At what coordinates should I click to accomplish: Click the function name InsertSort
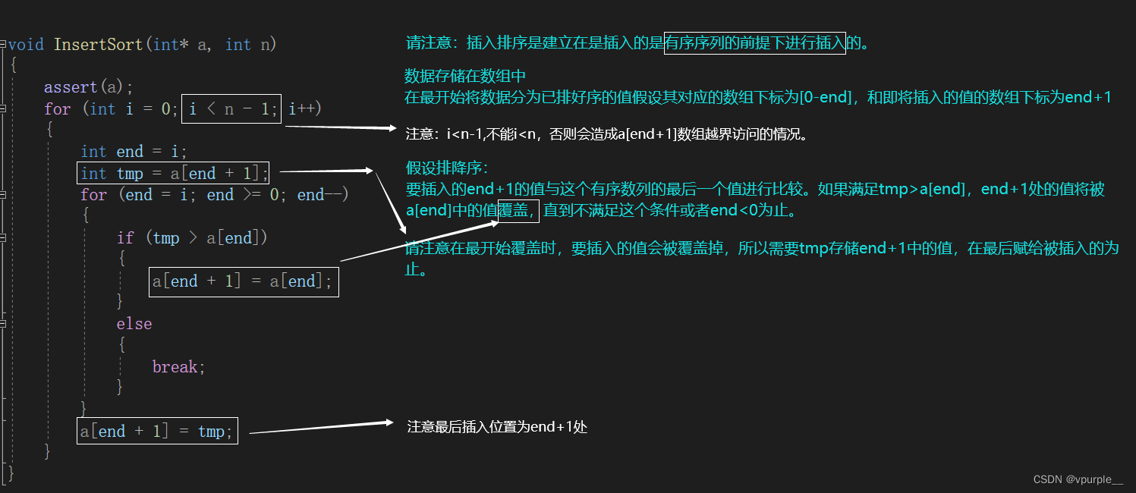(x=98, y=44)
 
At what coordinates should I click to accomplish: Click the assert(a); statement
(x=89, y=87)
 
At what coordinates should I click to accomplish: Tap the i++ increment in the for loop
(x=305, y=109)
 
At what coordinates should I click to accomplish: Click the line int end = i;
(x=134, y=152)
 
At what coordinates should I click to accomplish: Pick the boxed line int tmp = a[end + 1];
(x=175, y=174)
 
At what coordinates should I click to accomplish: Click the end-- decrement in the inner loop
(x=322, y=195)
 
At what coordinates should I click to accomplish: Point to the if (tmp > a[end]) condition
(x=192, y=238)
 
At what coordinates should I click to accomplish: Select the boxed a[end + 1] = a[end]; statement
(x=244, y=281)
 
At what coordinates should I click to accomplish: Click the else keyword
(x=134, y=324)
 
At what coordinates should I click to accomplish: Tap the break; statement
(x=179, y=367)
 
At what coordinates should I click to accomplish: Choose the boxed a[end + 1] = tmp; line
(x=158, y=432)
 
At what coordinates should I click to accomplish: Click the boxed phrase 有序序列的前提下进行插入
(x=754, y=43)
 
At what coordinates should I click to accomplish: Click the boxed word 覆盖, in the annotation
(x=518, y=211)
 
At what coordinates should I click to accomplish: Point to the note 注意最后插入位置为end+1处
(x=497, y=427)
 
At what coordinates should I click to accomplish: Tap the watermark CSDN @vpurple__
(x=1078, y=479)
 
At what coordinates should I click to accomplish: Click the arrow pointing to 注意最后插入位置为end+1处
(x=319, y=429)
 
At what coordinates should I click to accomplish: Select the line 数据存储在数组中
(x=465, y=76)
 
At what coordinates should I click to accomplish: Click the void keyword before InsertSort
(x=26, y=44)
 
